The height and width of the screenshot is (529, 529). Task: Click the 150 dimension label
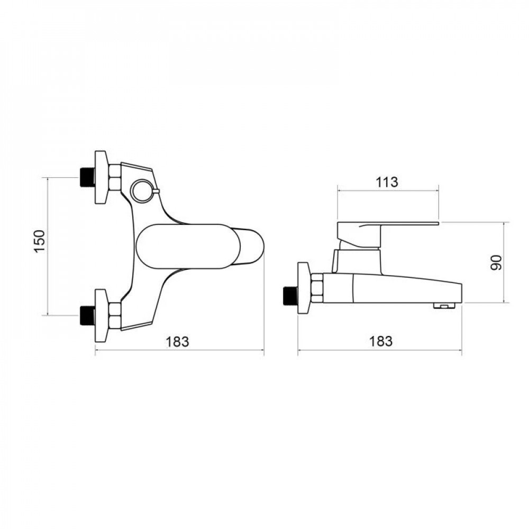(40, 241)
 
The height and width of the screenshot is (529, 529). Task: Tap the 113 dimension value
(387, 182)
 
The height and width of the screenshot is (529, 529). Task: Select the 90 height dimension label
(496, 262)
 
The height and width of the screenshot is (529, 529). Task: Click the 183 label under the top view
(177, 341)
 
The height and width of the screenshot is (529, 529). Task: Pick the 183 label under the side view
(381, 341)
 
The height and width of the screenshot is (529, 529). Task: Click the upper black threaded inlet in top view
(87, 177)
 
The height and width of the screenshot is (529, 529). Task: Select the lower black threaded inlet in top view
(87, 315)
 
